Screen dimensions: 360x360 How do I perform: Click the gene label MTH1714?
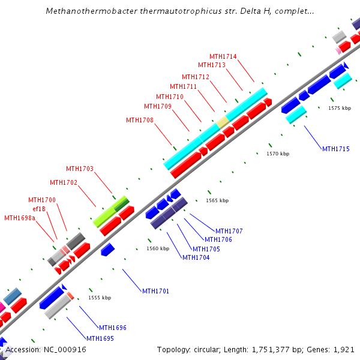(223, 56)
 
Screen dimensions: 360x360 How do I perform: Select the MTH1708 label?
(139, 120)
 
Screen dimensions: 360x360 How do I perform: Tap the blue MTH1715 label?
(335, 149)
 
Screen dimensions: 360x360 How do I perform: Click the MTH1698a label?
(20, 218)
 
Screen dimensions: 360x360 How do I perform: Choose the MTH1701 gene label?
(155, 291)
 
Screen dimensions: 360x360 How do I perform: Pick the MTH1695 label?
(100, 338)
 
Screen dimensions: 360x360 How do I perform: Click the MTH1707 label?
(229, 231)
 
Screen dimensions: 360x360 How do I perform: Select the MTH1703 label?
(80, 169)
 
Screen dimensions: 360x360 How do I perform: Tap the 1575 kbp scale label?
(339, 109)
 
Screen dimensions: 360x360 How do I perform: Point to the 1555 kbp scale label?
(100, 298)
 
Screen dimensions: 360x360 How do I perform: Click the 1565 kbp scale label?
(217, 200)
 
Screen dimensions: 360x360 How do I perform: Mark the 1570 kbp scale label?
(278, 154)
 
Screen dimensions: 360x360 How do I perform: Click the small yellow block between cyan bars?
(223, 122)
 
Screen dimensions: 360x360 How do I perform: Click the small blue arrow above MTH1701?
(107, 249)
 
